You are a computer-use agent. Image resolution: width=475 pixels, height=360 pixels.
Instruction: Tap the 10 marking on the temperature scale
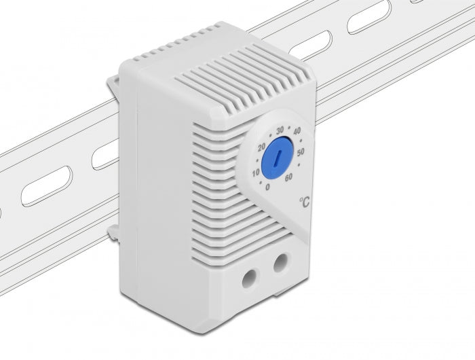tap(255, 173)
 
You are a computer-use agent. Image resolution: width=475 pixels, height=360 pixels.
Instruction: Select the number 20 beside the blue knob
tap(262, 147)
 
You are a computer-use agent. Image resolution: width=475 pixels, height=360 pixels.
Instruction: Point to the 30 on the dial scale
tap(279, 130)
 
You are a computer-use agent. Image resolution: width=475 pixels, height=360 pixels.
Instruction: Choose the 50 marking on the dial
tap(301, 151)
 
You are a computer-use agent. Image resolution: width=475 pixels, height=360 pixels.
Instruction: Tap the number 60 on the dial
tap(289, 178)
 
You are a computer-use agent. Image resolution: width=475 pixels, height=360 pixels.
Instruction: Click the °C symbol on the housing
tap(305, 202)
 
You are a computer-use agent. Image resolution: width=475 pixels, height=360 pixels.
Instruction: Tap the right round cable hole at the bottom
tap(280, 262)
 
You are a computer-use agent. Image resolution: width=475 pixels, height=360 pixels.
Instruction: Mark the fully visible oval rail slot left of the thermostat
tap(46, 185)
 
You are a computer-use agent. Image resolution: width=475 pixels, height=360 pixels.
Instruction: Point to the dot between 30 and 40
tap(289, 128)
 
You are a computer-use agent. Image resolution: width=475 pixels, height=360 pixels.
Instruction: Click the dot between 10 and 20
tap(255, 160)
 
